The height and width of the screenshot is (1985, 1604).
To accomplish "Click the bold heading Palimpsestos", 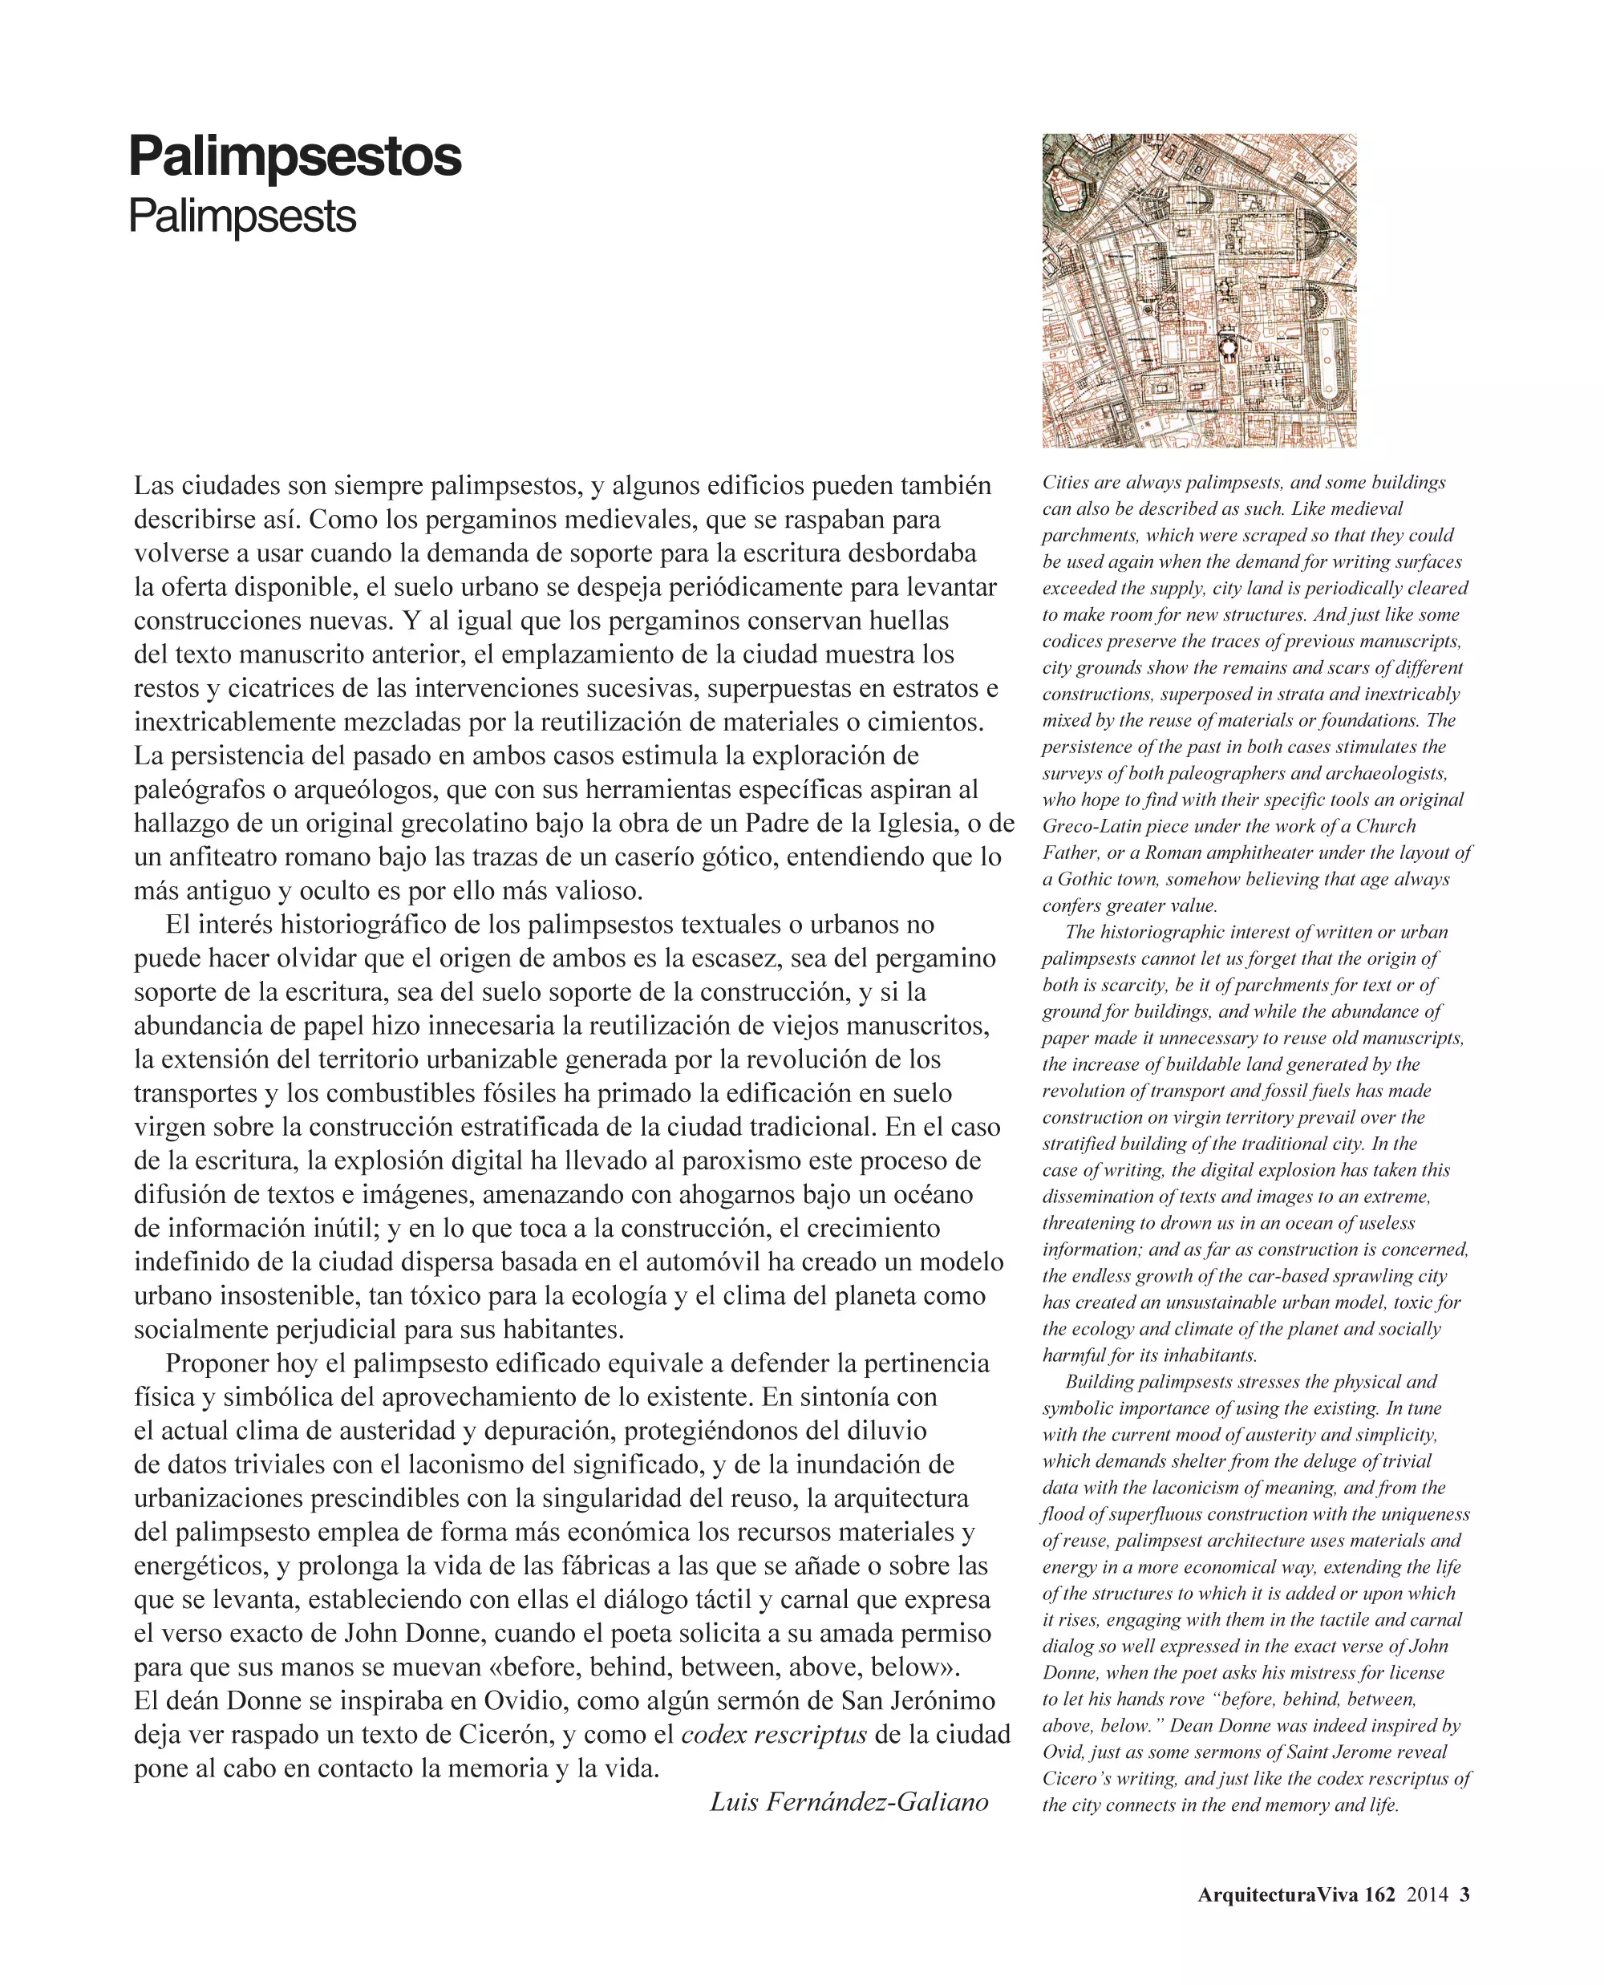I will [x=295, y=156].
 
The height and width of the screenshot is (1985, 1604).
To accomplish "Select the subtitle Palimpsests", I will [x=242, y=217].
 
